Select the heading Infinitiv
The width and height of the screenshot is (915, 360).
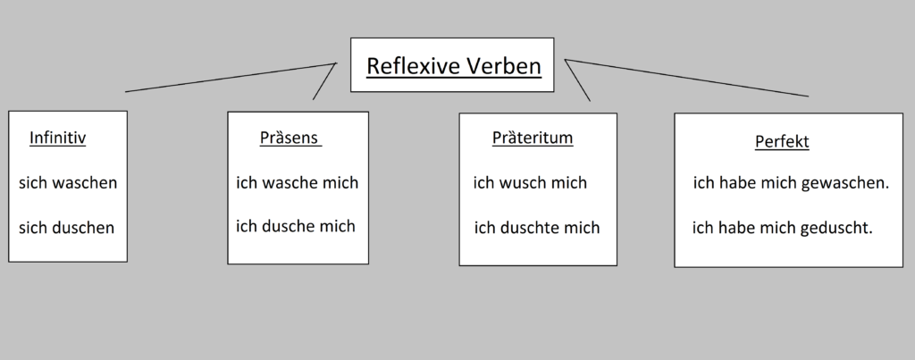tap(57, 138)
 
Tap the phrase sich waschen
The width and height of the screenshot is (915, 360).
tap(68, 183)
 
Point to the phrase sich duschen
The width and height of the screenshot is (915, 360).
tap(67, 228)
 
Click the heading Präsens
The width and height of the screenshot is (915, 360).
tap(290, 138)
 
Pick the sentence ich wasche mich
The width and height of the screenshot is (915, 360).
tap(297, 183)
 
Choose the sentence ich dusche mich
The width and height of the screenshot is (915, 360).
tap(296, 226)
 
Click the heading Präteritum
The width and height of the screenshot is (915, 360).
tap(533, 138)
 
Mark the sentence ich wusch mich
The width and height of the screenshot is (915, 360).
tap(530, 183)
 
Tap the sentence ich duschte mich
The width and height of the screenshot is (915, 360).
tap(537, 228)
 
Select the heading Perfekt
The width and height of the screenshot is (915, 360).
tap(782, 142)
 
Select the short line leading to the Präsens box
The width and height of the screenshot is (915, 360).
tap(324, 81)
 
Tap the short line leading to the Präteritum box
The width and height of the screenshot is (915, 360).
tap(579, 81)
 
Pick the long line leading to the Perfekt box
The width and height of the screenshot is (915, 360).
tap(688, 78)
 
